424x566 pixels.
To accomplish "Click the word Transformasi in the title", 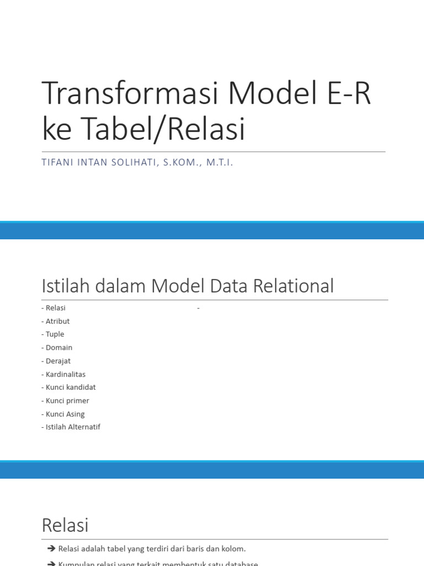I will click(x=130, y=94).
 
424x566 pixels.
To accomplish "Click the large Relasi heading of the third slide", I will click(x=65, y=525).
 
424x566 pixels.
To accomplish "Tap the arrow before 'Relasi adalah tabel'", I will click(x=52, y=549).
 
